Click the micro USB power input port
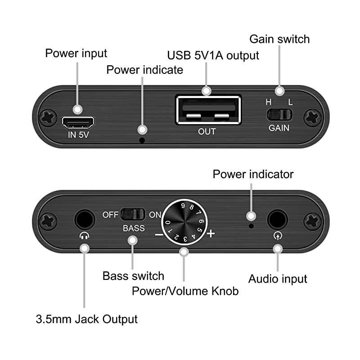pos(78,121)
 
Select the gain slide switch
pos(279,114)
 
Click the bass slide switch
pos(133,214)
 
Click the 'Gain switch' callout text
pos(279,39)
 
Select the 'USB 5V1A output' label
pos(213,55)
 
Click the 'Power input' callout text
pos(76,53)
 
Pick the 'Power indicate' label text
pos(144,70)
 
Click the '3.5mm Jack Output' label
pos(86,319)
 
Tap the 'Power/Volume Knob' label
pos(185,291)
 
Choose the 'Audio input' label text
pos(278,279)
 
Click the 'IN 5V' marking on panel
pos(78,135)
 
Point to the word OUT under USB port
pos(207,132)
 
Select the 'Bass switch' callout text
pos(133,275)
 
